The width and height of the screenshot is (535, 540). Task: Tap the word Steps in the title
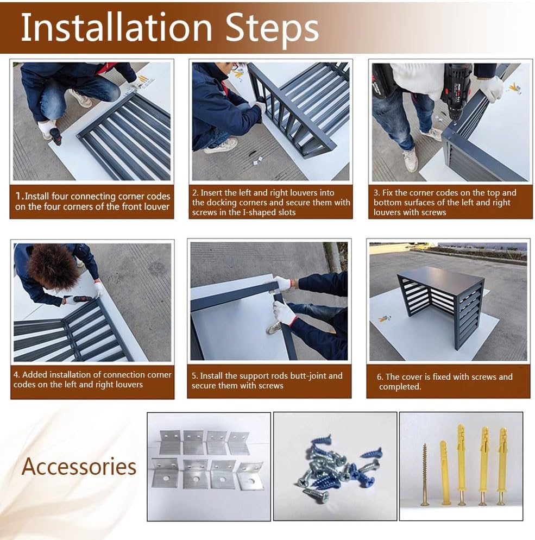click(x=272, y=29)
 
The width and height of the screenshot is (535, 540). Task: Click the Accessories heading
click(x=79, y=466)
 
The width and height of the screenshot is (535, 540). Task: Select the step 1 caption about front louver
click(x=93, y=201)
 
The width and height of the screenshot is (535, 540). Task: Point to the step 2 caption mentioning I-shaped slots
click(x=271, y=202)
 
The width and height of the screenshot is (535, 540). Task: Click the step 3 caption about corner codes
click(x=445, y=202)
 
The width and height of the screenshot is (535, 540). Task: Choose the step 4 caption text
click(x=92, y=379)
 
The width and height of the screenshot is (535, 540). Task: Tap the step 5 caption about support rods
click(x=267, y=380)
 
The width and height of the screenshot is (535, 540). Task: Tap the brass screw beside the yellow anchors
click(x=425, y=475)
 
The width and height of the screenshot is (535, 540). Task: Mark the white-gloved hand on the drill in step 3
click(x=490, y=88)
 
